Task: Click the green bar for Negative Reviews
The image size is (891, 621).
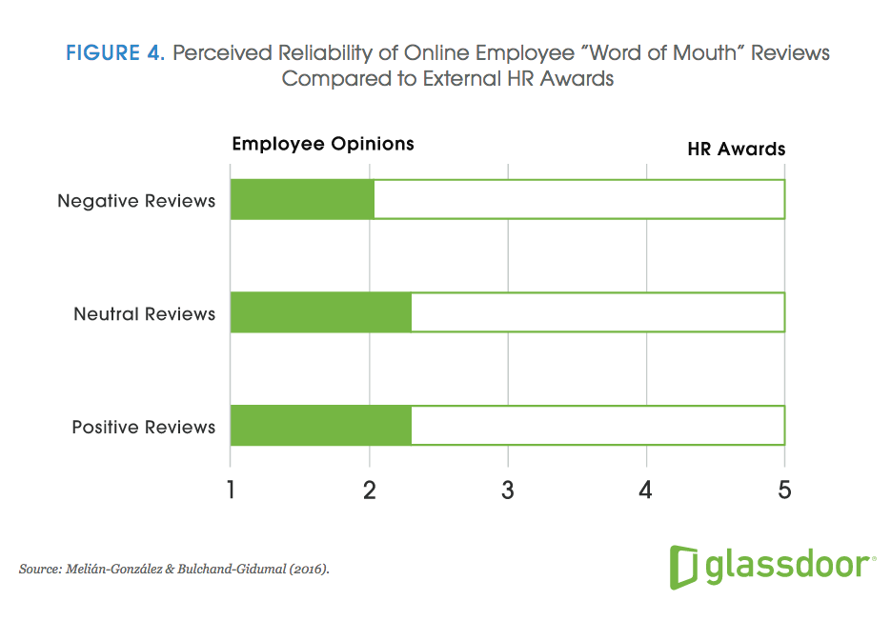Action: point(302,200)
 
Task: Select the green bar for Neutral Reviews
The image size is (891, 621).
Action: point(321,312)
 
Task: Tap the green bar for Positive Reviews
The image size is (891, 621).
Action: point(321,426)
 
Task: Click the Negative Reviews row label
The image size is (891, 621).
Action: point(136,201)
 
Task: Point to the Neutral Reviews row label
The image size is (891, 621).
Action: point(145,313)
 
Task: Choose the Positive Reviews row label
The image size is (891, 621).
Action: point(144,427)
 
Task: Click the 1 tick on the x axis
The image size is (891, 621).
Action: point(231,490)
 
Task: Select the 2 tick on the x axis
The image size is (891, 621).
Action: point(369,490)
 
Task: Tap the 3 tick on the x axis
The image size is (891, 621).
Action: point(508,490)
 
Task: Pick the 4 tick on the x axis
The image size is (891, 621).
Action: point(646,490)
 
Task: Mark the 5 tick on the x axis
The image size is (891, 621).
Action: point(784,490)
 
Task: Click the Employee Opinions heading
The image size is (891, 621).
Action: point(323,144)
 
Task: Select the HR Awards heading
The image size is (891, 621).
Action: point(737,149)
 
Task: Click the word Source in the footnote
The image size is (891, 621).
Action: point(39,569)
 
